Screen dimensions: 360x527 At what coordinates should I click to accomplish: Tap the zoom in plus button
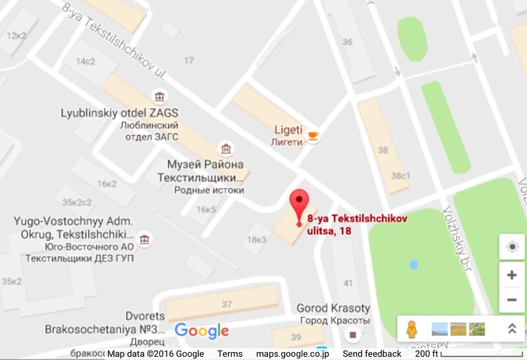[512, 275]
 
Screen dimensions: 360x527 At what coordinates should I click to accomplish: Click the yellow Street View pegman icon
[412, 328]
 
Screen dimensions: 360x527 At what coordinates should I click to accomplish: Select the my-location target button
[512, 247]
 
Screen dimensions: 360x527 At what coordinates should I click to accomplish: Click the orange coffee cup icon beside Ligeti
[313, 136]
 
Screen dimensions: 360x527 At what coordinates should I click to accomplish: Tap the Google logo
[202, 331]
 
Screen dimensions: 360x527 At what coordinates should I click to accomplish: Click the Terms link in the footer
[230, 354]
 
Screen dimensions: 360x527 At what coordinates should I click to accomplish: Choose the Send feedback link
[374, 354]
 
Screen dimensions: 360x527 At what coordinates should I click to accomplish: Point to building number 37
[227, 305]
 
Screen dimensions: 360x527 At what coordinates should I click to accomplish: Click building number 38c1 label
[401, 176]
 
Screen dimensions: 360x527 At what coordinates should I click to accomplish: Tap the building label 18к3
[256, 240]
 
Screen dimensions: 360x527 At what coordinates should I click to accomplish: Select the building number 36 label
[347, 42]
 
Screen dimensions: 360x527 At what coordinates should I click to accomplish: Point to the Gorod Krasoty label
[333, 309]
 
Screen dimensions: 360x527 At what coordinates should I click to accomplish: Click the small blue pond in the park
[413, 265]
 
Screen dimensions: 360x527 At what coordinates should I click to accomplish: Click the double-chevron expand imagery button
[511, 328]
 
